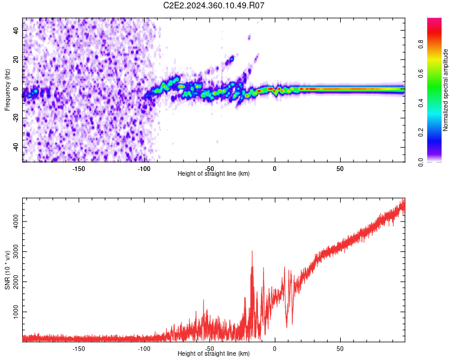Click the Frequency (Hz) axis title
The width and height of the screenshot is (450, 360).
8,89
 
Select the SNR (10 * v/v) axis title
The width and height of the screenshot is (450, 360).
8,269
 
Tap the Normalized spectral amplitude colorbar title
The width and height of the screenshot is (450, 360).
446,90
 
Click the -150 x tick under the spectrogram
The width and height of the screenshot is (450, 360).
79,169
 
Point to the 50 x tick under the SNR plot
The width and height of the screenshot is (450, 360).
340,348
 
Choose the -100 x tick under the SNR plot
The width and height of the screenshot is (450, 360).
144,348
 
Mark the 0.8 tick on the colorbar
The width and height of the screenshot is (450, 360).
421,44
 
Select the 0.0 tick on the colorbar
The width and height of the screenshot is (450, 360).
421,161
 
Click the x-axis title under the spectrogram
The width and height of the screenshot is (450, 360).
214,174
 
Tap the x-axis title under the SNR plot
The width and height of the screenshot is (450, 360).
214,354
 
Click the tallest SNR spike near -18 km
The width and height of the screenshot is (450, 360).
252,252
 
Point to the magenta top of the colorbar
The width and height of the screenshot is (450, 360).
434,21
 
